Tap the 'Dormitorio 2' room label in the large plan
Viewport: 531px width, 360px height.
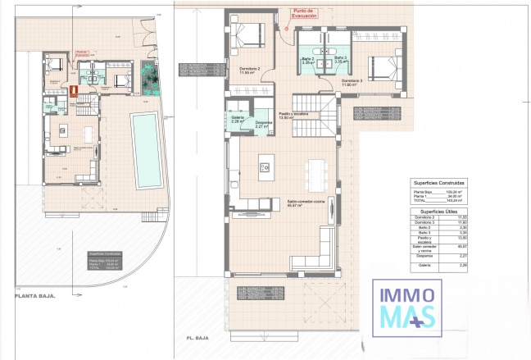coord(249,70)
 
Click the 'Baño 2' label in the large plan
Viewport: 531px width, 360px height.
coord(308,59)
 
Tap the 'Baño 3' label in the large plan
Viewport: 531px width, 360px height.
coord(341,59)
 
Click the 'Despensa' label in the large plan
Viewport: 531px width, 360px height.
coord(262,124)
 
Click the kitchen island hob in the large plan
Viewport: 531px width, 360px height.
coord(265,168)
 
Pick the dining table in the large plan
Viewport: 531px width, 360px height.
coord(316,172)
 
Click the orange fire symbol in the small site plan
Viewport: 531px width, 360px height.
coord(72,89)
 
